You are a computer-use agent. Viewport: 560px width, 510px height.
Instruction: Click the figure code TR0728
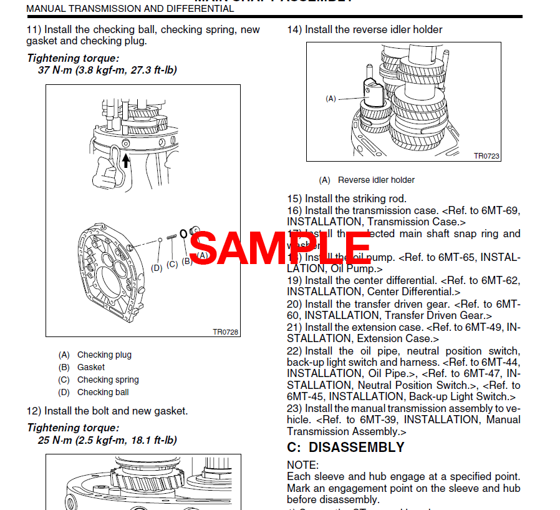225,332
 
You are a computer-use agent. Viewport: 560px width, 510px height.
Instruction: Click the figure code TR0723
486,156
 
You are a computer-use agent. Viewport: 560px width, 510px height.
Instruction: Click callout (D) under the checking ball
157,268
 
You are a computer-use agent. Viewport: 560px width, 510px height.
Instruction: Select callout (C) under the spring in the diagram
172,264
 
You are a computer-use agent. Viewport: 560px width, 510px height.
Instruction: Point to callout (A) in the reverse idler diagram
331,98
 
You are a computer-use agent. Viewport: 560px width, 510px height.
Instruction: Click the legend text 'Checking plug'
104,355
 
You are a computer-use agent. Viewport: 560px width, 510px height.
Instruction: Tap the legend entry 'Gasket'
91,367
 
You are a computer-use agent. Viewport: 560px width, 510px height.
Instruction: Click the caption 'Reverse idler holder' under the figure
376,180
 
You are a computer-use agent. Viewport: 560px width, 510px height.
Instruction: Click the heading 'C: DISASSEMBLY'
345,448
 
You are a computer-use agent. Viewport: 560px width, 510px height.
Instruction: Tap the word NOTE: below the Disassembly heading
302,465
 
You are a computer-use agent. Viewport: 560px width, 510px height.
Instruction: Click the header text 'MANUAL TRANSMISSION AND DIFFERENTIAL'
130,9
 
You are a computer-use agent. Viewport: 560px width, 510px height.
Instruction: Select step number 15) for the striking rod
294,199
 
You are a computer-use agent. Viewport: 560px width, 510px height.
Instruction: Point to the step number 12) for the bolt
34,411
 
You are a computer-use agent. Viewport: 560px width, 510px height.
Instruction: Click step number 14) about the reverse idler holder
294,29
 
